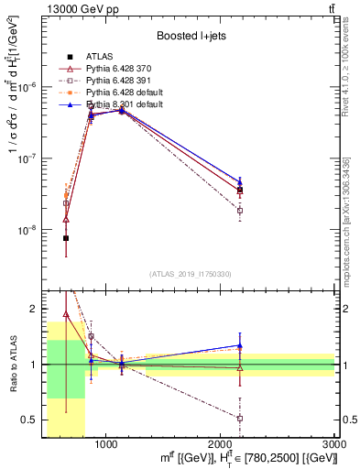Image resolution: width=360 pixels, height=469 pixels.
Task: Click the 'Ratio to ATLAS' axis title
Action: click(x=12, y=364)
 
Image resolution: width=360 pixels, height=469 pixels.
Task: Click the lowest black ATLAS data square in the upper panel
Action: click(x=66, y=238)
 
